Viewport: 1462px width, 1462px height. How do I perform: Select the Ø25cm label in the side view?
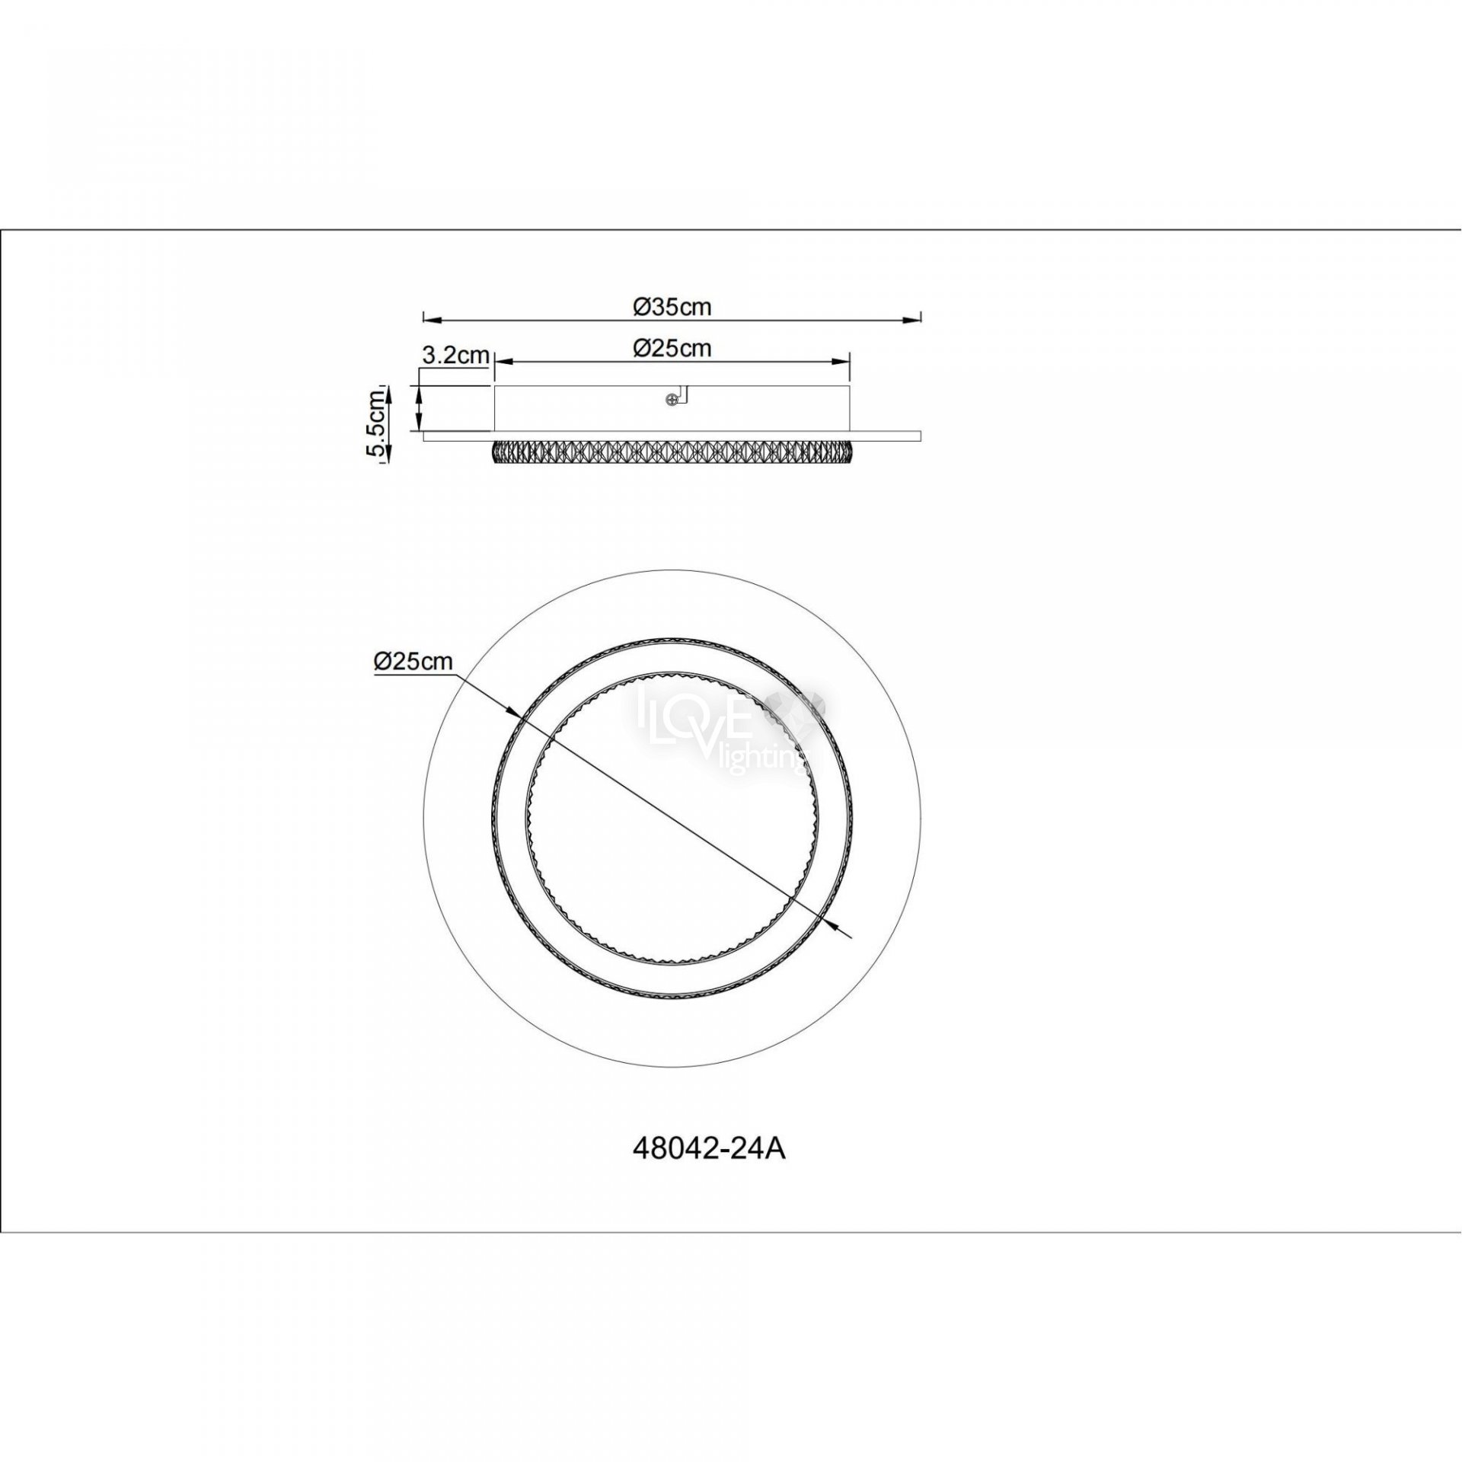pyautogui.click(x=672, y=348)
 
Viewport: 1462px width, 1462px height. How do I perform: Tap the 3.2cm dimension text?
pyautogui.click(x=455, y=355)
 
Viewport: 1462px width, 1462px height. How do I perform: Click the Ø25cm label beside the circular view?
pyautogui.click(x=413, y=662)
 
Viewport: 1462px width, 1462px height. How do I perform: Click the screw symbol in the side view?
pyautogui.click(x=671, y=399)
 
